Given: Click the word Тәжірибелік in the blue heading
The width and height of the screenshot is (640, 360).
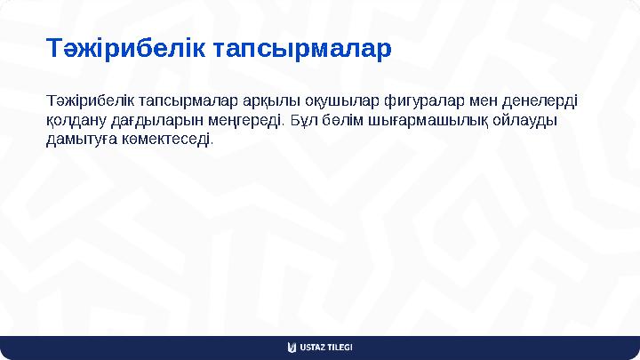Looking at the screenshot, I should pyautogui.click(x=128, y=49).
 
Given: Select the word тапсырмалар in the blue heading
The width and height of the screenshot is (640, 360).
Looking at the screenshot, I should pyautogui.click(x=303, y=49).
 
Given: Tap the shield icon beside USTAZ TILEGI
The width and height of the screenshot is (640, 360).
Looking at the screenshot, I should pyautogui.click(x=292, y=347).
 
